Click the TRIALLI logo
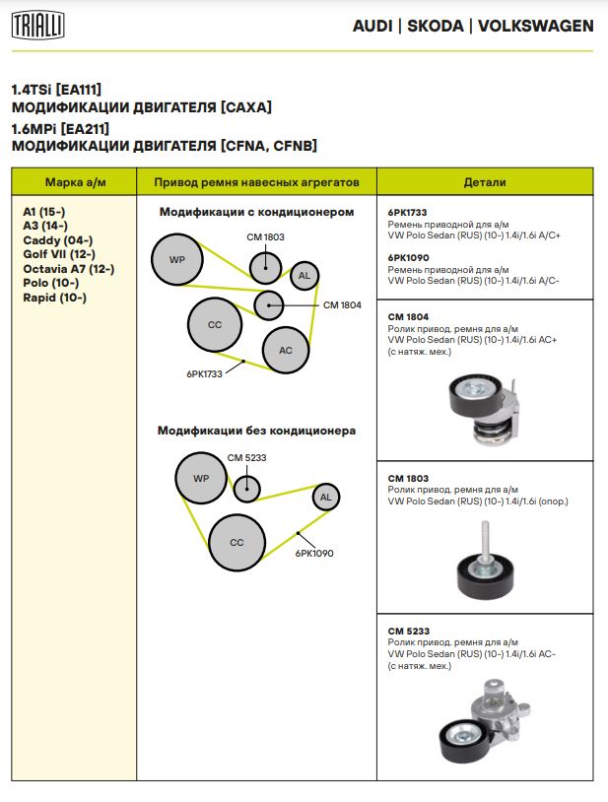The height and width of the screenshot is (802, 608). pos(38,26)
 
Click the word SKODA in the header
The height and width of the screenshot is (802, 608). pos(435,26)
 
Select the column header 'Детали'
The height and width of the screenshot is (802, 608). pos(485,182)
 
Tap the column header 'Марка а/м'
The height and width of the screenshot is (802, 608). pos(75,182)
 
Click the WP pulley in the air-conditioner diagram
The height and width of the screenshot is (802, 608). pos(177,259)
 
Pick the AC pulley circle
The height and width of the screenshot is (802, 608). pos(286,350)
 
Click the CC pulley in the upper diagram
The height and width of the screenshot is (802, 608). pos(215,324)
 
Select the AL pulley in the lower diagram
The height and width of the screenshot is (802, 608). pos(326,498)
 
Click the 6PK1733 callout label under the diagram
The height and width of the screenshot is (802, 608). pos(204,374)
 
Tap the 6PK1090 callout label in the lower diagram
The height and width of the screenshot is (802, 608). pos(314,554)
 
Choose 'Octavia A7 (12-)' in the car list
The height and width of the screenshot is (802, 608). pos(68,268)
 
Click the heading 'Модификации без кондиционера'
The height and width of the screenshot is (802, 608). pos(256,431)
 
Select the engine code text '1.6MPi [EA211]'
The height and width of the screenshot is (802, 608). pos(60,129)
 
